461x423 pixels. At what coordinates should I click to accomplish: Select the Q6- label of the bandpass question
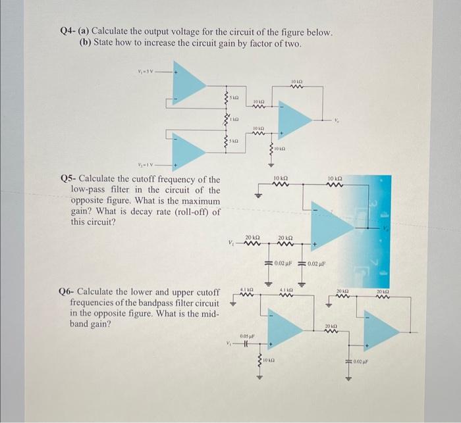tap(68, 291)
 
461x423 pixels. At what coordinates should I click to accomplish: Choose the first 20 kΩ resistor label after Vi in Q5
tap(252, 237)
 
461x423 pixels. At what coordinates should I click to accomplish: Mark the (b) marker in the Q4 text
tap(85, 43)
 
